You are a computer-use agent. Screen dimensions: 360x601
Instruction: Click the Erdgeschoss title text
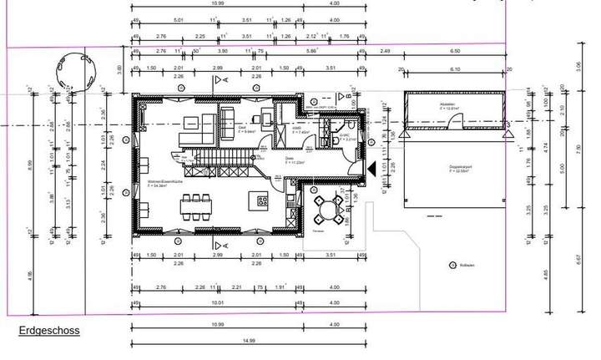48,331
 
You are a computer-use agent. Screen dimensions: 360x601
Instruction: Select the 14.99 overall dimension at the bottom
248,341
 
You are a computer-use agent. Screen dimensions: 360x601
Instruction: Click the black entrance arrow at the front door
371,167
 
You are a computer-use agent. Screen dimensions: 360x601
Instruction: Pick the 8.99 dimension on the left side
30,167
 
